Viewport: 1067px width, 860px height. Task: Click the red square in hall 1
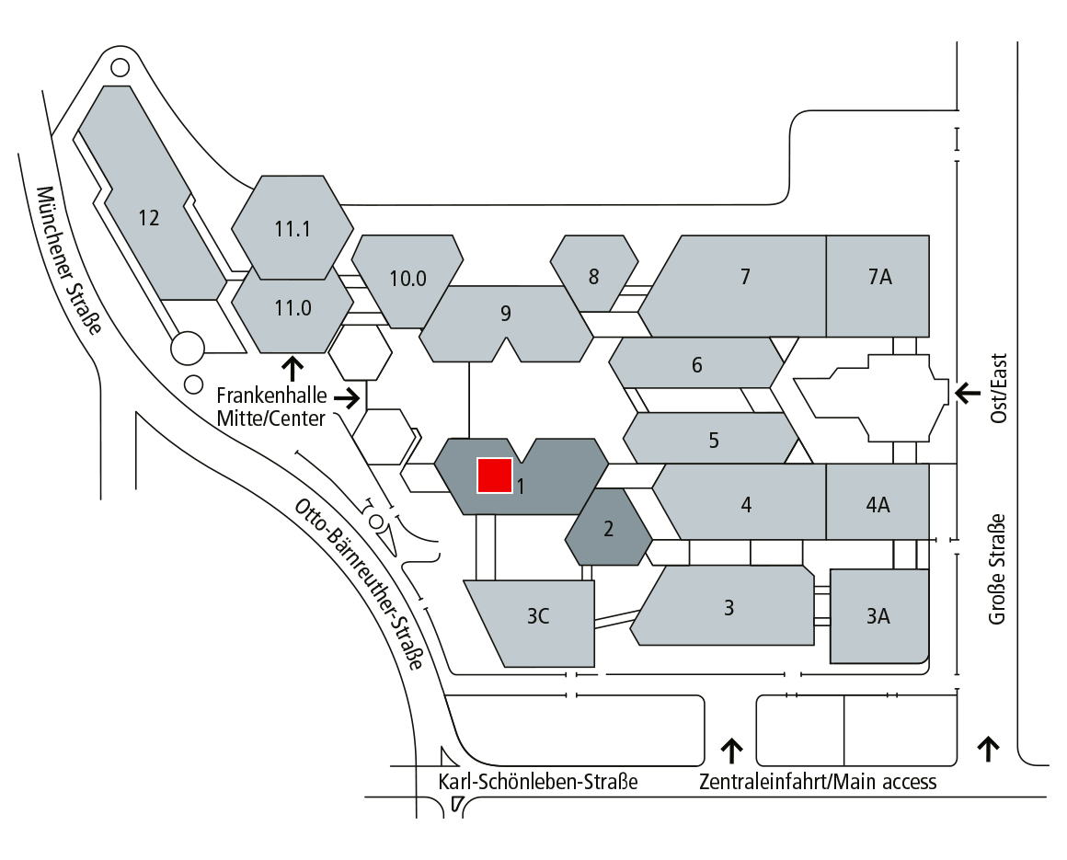(494, 475)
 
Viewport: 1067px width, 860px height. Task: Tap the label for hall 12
(149, 218)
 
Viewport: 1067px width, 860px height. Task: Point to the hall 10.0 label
(407, 279)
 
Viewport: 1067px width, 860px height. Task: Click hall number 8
(593, 276)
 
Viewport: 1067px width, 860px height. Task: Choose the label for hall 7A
(879, 276)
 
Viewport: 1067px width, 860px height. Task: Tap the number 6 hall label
(697, 365)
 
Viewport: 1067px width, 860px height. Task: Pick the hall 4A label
(878, 504)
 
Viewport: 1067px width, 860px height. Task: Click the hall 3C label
(538, 617)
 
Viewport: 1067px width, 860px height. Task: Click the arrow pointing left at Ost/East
(968, 393)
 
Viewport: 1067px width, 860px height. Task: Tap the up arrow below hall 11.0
(293, 370)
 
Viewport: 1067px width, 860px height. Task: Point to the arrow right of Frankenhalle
(348, 398)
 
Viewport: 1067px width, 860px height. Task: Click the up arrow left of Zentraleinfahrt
(731, 751)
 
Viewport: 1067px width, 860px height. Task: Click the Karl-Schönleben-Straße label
(538, 783)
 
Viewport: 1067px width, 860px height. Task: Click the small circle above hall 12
(120, 67)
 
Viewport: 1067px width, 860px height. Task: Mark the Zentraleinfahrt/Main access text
(818, 783)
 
